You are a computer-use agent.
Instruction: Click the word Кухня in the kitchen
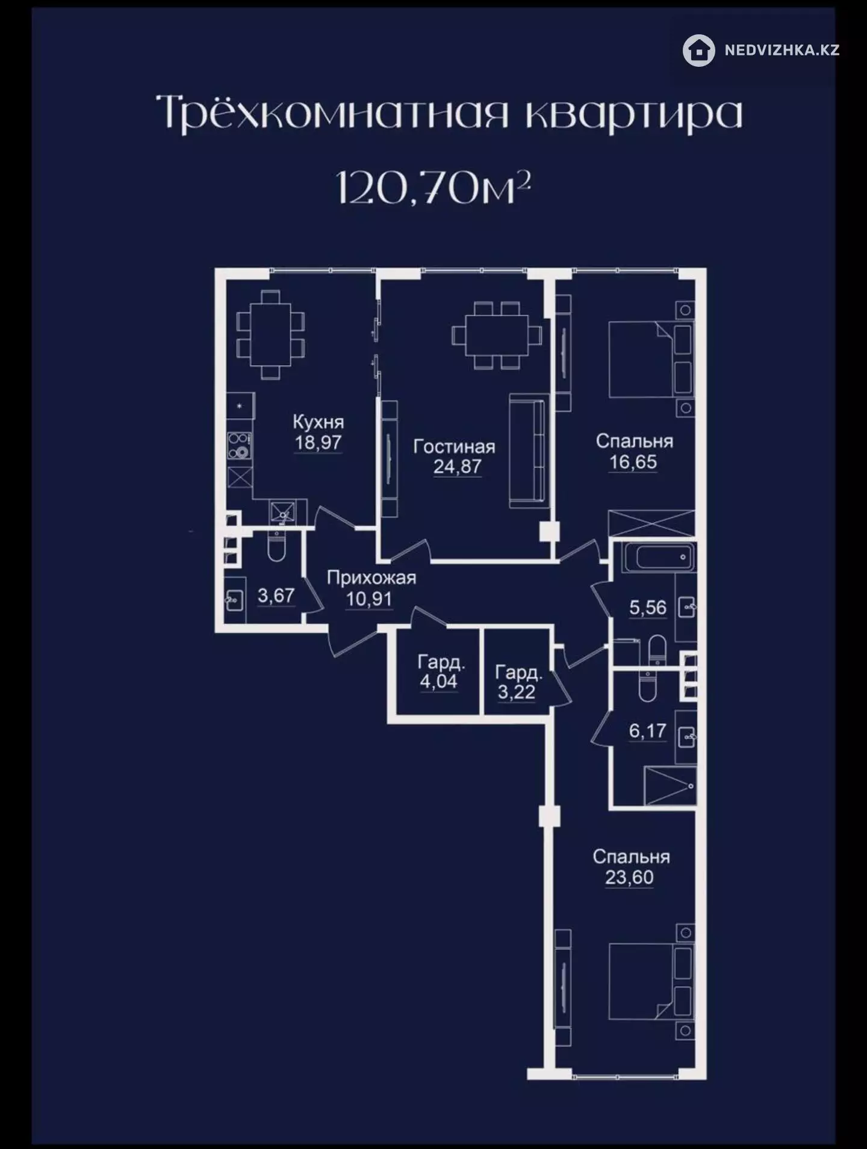coord(318,422)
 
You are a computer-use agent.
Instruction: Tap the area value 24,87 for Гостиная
coord(457,467)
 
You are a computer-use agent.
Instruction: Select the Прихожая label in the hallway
coord(371,578)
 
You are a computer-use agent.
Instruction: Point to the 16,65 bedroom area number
coord(633,463)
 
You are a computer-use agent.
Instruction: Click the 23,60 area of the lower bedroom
coord(629,878)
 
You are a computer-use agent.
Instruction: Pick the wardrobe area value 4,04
coord(438,682)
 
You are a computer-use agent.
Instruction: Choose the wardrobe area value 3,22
coord(516,692)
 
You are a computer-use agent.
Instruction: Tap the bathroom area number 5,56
coord(648,608)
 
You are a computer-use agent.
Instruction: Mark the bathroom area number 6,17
coord(648,731)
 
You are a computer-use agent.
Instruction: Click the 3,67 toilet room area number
coord(276,596)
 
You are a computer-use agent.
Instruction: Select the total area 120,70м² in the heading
coord(433,188)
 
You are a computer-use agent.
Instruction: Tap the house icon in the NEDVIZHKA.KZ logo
coord(699,51)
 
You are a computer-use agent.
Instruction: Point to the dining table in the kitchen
coord(271,334)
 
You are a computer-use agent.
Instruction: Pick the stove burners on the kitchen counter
coord(239,446)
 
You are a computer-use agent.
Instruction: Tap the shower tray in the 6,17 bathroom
coord(670,786)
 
